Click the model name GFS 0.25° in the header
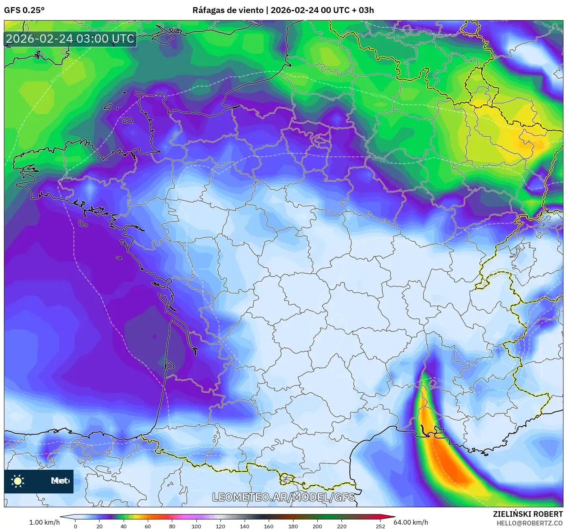point(24,10)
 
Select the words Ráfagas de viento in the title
point(228,10)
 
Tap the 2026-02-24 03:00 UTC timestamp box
point(70,39)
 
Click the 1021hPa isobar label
point(380,160)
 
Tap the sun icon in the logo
point(18,481)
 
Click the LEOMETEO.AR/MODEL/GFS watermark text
point(283,497)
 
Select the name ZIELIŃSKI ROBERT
point(527,514)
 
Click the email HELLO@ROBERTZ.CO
point(529,523)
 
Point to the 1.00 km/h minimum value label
point(44,522)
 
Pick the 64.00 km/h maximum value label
point(411,522)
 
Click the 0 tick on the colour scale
point(75,526)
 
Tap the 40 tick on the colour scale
point(124,526)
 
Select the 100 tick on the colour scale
point(196,526)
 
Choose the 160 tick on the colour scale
point(269,526)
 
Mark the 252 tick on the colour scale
point(380,526)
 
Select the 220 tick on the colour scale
point(341,526)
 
